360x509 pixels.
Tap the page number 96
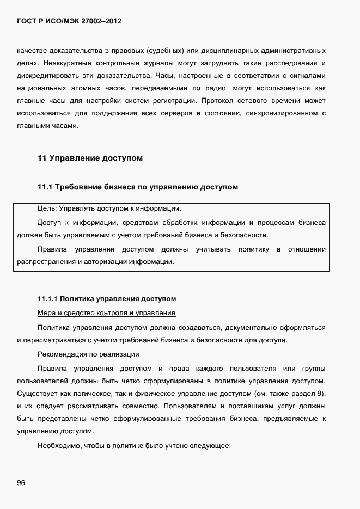(x=21, y=483)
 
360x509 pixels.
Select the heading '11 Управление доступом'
(x=90, y=158)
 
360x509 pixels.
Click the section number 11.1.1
(x=47, y=299)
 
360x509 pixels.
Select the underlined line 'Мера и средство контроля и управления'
(x=106, y=313)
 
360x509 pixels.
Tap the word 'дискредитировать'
(x=46, y=76)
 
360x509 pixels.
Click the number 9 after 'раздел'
(x=325, y=393)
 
